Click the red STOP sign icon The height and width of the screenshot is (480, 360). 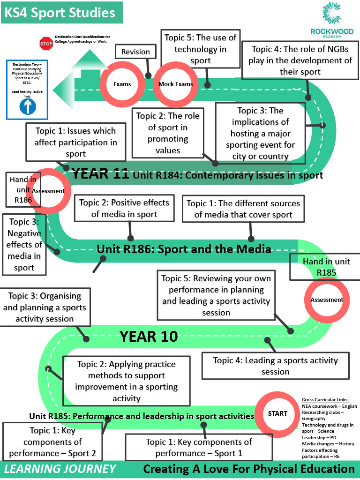46,44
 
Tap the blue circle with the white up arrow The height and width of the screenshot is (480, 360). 28,106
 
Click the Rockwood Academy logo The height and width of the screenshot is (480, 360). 332,20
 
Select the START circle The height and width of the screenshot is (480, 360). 277,413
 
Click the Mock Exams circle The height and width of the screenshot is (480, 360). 176,84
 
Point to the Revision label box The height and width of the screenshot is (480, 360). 135,52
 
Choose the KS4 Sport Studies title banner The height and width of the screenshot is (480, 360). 62,13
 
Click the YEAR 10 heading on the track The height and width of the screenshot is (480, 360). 149,337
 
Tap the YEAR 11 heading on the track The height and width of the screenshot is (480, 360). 100,173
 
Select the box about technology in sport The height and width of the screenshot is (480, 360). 201,49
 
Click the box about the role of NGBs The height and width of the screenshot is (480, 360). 300,60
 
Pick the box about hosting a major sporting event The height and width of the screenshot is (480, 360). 261,133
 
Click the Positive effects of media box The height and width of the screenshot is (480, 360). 124,208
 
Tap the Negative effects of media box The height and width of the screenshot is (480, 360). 24,244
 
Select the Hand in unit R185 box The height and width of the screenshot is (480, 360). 326,267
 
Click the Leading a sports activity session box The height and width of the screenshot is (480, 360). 276,366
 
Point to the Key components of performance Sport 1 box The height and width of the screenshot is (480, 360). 199,447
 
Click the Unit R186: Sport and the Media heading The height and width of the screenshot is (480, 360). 184,249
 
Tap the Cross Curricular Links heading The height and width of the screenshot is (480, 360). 325,399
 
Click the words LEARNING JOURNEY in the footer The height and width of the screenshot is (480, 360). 60,469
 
